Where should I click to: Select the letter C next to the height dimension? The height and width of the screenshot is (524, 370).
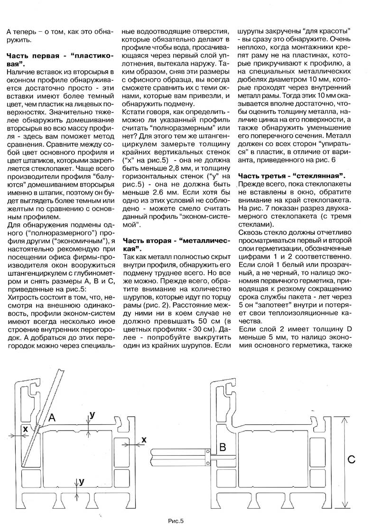pos(351,459)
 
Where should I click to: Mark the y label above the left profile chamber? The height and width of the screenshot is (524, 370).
pos(92,414)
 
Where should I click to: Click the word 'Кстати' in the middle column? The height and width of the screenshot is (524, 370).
pos(135,113)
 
